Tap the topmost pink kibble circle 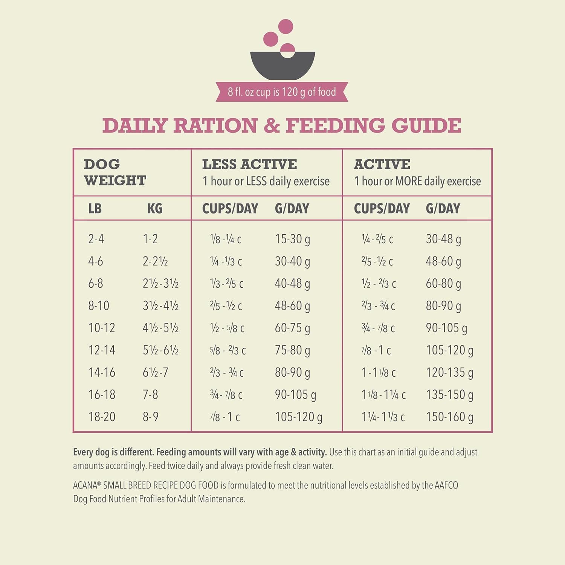click(x=286, y=26)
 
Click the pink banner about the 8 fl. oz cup click(x=282, y=92)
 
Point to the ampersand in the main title click(x=271, y=125)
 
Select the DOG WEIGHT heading click(x=115, y=172)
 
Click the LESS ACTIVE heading click(x=249, y=164)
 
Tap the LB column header click(x=95, y=208)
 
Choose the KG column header click(x=155, y=208)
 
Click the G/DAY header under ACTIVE click(x=443, y=208)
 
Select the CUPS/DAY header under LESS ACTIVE click(x=230, y=208)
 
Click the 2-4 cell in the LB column click(x=96, y=239)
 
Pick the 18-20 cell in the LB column click(x=102, y=417)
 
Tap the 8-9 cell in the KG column click(x=150, y=417)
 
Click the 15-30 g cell click(x=292, y=239)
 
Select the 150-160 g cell click(x=449, y=417)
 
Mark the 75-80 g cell click(x=292, y=350)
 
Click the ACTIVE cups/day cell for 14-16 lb click(x=379, y=373)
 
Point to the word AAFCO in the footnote click(x=446, y=485)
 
